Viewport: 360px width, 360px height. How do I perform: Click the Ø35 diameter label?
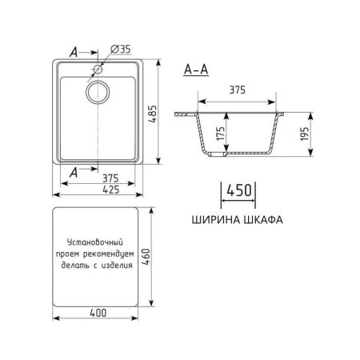[x=121, y=50]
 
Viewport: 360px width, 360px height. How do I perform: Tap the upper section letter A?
[x=74, y=52]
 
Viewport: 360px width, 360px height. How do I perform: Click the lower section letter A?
[x=74, y=170]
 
